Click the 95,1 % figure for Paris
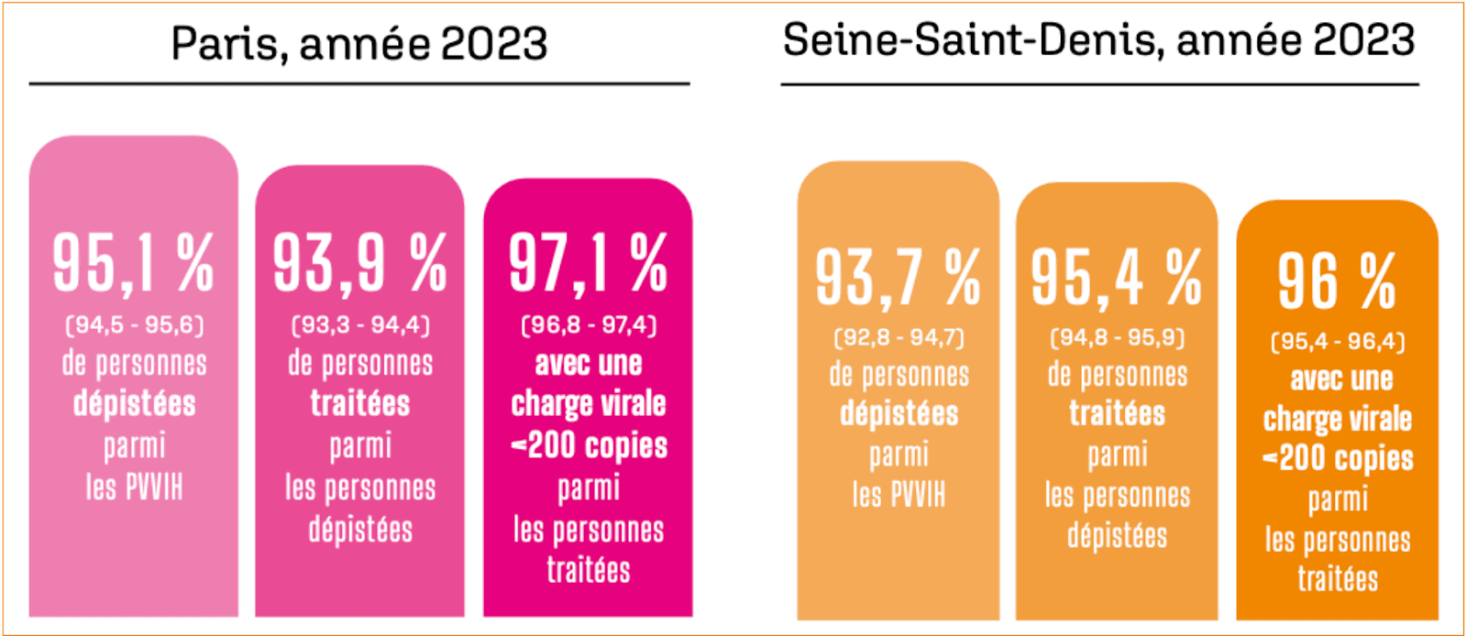pos(133,264)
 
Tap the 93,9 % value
pos(359,264)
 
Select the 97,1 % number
pos(588,264)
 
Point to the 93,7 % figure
pos(899,278)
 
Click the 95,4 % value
pos(1117,278)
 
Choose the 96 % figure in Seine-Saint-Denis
pos(1337,282)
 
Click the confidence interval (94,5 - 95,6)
pos(134,325)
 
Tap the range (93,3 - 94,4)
pos(360,325)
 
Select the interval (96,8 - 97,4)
pos(589,325)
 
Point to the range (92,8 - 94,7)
pos(899,338)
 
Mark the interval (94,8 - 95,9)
pos(1117,338)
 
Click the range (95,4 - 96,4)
pos(1338,342)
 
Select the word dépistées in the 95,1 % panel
pos(135,404)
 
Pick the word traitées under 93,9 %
pos(360,404)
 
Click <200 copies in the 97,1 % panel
pos(589,446)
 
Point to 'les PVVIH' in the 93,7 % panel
pos(899,496)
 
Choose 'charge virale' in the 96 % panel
pos(1338,420)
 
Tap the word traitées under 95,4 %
pos(1117,414)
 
